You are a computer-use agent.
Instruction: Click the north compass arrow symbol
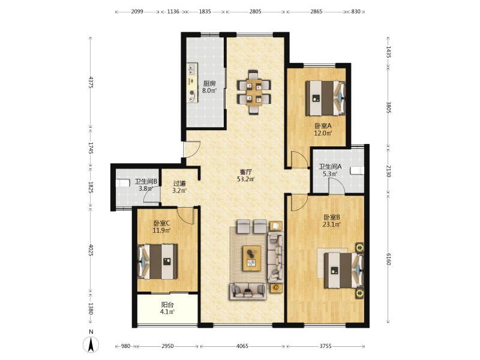pos(91,344)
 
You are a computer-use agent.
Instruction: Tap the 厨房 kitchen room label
pos(209,83)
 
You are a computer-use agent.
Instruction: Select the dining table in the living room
pos(254,92)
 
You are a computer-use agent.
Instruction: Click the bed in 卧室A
pos(326,98)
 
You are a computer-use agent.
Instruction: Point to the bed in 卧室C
pos(157,262)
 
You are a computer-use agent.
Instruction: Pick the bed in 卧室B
pos(344,270)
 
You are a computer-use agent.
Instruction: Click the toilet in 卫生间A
pos(358,170)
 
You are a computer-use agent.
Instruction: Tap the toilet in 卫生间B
pos(122,183)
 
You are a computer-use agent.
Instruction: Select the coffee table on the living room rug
pos(252,258)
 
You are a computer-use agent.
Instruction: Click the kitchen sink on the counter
pos(193,69)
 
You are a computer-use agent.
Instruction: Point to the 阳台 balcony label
pos(167,305)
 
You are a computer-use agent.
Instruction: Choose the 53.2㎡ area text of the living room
pos(246,179)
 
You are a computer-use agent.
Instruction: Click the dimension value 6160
pos(388,259)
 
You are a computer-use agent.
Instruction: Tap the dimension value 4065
pos(242,346)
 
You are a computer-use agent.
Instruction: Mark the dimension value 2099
pos(137,11)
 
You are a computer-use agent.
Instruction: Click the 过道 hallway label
pos(179,184)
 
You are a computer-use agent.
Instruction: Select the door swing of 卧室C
pos(185,216)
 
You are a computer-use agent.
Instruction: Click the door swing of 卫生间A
pos(337,186)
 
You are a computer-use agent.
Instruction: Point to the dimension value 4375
pos(91,82)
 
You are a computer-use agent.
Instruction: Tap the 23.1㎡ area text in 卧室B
pos(332,224)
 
